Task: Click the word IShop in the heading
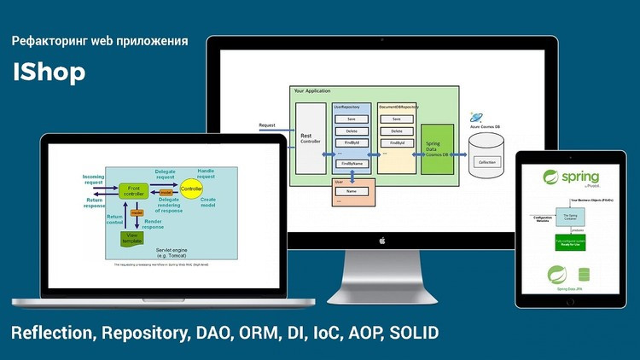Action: coord(49,73)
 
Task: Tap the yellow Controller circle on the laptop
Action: coord(191,187)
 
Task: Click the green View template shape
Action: coord(132,240)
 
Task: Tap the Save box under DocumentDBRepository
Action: coord(396,119)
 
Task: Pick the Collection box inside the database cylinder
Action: coord(487,162)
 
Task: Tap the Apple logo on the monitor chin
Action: coord(381,241)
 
